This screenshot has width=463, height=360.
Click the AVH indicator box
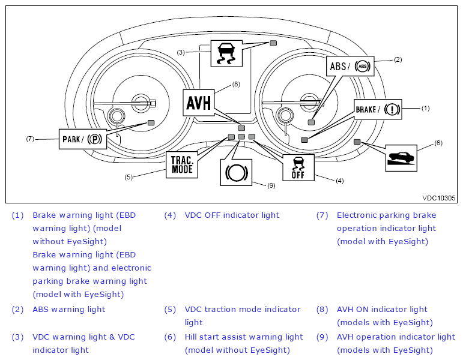(x=198, y=103)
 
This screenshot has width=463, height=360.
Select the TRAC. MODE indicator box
(x=181, y=164)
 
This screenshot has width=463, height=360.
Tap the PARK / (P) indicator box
(x=83, y=139)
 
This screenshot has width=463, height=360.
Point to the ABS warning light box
(x=350, y=66)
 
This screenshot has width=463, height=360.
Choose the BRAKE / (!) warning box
(x=378, y=109)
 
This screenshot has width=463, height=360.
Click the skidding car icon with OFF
(x=298, y=167)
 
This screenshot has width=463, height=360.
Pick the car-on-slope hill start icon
(x=401, y=158)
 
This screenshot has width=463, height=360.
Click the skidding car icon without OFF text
(x=226, y=53)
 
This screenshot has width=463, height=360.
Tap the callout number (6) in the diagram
(x=438, y=143)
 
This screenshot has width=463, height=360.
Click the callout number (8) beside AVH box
(x=236, y=85)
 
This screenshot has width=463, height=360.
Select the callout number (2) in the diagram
(x=398, y=59)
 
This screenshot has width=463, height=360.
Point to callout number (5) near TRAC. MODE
(x=129, y=177)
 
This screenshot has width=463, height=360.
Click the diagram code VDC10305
(x=439, y=198)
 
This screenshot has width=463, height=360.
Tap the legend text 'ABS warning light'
(x=69, y=309)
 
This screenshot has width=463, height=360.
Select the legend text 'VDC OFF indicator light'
(x=232, y=215)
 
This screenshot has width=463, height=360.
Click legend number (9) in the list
(x=322, y=337)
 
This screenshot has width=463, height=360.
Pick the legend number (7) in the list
(x=322, y=215)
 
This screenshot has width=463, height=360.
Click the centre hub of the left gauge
(x=141, y=103)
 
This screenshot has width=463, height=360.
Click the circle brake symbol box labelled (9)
(x=236, y=173)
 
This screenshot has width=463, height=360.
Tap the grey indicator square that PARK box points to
(x=151, y=123)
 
